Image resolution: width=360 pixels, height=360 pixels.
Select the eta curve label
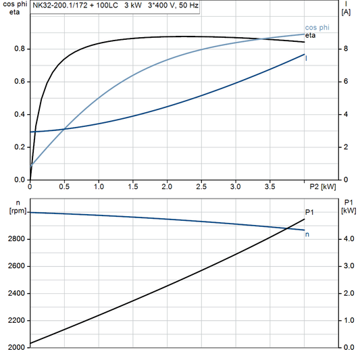pos(310,34)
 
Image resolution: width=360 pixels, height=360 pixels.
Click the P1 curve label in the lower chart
pos(309,212)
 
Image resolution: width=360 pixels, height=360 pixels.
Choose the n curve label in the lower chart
pos(308,234)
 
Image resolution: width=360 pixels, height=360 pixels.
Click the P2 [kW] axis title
pos(324,186)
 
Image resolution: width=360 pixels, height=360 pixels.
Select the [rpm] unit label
pos(14,211)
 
